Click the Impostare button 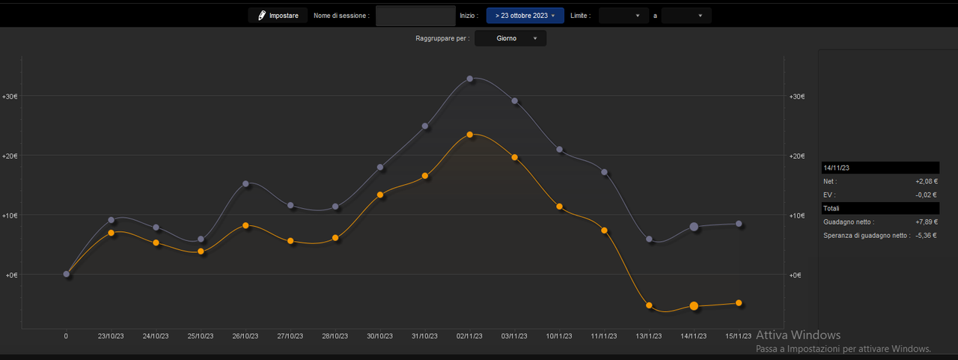pyautogui.click(x=278, y=16)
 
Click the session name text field pyautogui.click(x=415, y=16)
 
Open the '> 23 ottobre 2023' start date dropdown pyautogui.click(x=525, y=16)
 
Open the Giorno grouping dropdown pyautogui.click(x=510, y=38)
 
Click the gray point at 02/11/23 pyautogui.click(x=469, y=79)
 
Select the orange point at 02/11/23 pyautogui.click(x=469, y=135)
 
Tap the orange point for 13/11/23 pyautogui.click(x=649, y=305)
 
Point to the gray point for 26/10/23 pyautogui.click(x=245, y=184)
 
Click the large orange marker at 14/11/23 pyautogui.click(x=694, y=305)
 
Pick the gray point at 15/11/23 pyautogui.click(x=739, y=224)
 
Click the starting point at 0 pyautogui.click(x=67, y=274)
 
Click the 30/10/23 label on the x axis pyautogui.click(x=379, y=336)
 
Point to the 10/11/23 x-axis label pyautogui.click(x=559, y=336)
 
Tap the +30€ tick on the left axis pyautogui.click(x=10, y=97)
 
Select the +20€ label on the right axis pyautogui.click(x=797, y=156)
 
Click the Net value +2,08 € pyautogui.click(x=927, y=181)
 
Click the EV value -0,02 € pyautogui.click(x=926, y=195)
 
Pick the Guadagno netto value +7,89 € pyautogui.click(x=927, y=222)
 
